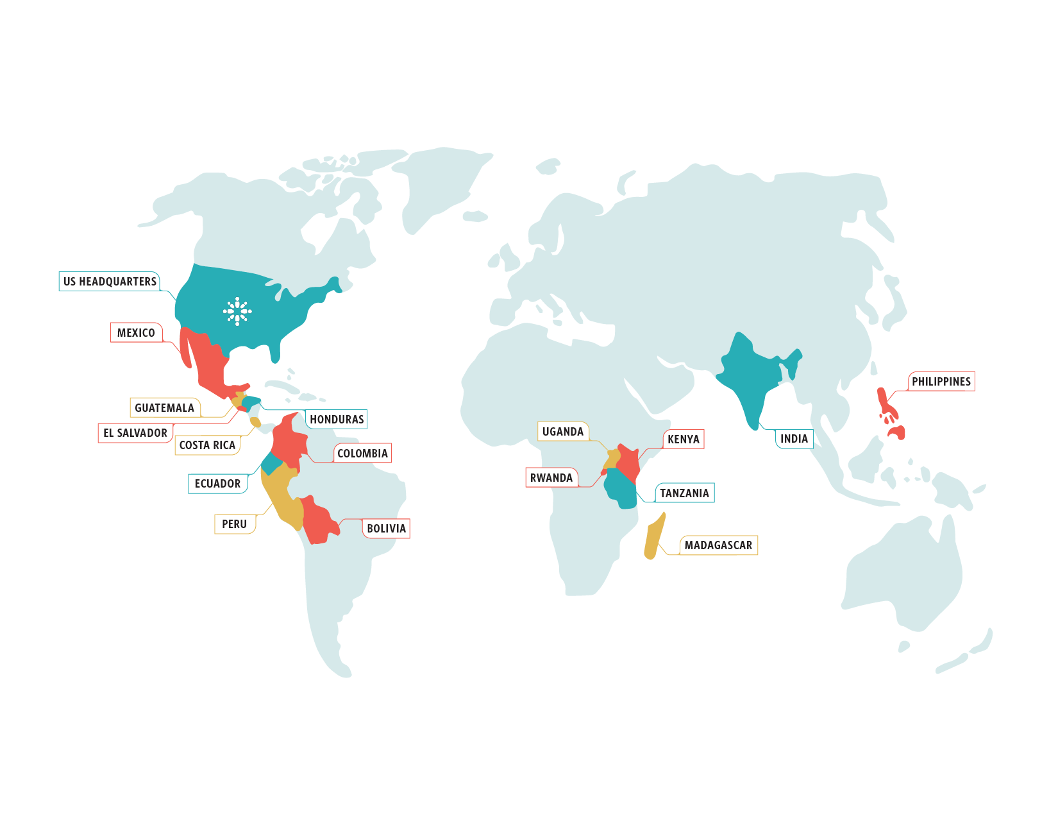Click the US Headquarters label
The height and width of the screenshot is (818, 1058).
click(110, 282)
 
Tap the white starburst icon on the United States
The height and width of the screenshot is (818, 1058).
click(237, 311)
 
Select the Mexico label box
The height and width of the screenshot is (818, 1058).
click(136, 332)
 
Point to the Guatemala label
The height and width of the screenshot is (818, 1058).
click(164, 408)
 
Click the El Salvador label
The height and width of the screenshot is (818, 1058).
click(135, 433)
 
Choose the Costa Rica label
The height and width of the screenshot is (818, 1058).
click(207, 445)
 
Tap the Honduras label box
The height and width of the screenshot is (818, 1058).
click(337, 420)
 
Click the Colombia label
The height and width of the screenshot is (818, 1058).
click(362, 454)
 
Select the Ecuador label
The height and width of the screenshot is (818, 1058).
click(217, 484)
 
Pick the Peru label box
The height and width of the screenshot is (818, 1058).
click(235, 524)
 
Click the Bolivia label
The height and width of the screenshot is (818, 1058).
click(386, 529)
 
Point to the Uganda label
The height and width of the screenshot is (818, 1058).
click(563, 432)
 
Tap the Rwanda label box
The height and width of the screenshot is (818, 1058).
click(551, 478)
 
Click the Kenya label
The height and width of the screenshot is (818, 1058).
click(684, 439)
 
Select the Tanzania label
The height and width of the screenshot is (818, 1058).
click(684, 493)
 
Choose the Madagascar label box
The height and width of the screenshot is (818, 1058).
click(718, 545)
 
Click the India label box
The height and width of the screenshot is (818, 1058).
click(794, 439)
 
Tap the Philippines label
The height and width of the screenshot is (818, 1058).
click(941, 382)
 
